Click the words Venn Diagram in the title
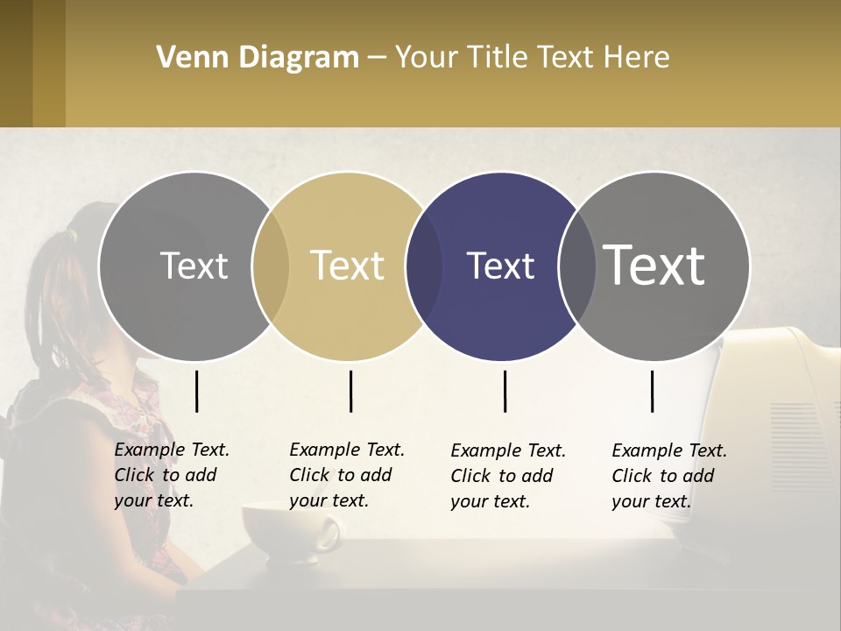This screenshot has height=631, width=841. pyautogui.click(x=258, y=58)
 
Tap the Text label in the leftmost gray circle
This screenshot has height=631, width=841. pyautogui.click(x=194, y=266)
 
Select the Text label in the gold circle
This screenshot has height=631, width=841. pyautogui.click(x=347, y=266)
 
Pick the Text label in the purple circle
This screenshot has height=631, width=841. pyautogui.click(x=500, y=266)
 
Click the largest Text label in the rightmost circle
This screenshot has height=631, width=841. pyautogui.click(x=654, y=265)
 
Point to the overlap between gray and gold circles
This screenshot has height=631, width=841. pyautogui.click(x=271, y=266)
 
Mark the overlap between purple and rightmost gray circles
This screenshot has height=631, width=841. pyautogui.click(x=576, y=266)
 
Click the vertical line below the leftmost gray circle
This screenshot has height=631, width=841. pyautogui.click(x=197, y=391)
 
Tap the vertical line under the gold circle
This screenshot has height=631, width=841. pyautogui.click(x=350, y=391)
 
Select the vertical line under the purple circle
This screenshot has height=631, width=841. pyautogui.click(x=505, y=391)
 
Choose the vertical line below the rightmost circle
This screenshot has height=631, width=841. pyautogui.click(x=652, y=391)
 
